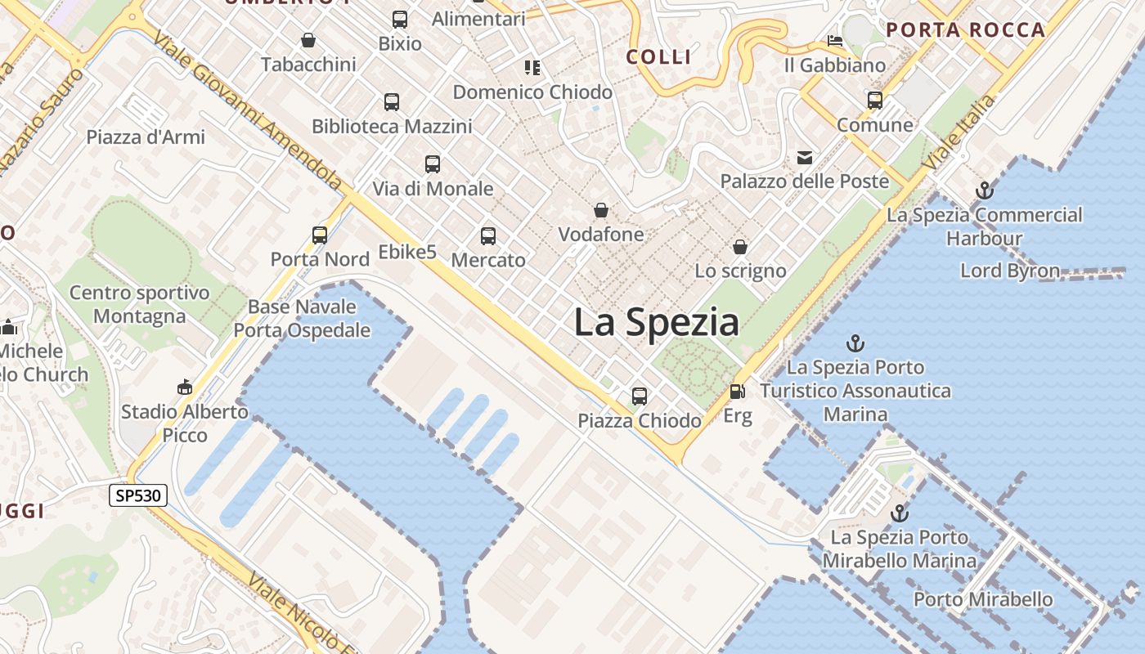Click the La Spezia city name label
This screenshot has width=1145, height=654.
(x=656, y=322)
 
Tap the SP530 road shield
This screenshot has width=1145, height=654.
(x=138, y=495)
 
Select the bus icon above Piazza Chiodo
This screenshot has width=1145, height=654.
(x=640, y=396)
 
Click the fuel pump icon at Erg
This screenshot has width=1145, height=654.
(x=737, y=392)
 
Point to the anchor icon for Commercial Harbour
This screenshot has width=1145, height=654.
(x=985, y=191)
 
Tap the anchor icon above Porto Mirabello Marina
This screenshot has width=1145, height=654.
(x=900, y=513)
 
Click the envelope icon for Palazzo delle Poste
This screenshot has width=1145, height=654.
(x=805, y=157)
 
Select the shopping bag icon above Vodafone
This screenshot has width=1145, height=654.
(x=601, y=211)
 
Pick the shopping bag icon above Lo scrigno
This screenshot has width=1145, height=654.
(x=740, y=247)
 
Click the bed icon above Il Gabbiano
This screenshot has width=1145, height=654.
(x=835, y=41)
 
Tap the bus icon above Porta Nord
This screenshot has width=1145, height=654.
(x=320, y=235)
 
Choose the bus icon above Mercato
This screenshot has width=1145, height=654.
(x=488, y=236)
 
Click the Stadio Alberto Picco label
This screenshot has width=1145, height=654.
(x=185, y=423)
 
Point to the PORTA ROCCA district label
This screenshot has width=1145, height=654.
(x=966, y=30)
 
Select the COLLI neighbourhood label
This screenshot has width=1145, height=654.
(x=659, y=56)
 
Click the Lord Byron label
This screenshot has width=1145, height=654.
(x=1010, y=271)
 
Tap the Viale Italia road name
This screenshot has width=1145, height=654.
(x=959, y=132)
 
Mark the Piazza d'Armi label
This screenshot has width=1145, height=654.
(x=146, y=137)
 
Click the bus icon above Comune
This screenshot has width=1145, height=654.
(x=875, y=101)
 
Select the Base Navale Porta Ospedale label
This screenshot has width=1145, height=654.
(x=302, y=319)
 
